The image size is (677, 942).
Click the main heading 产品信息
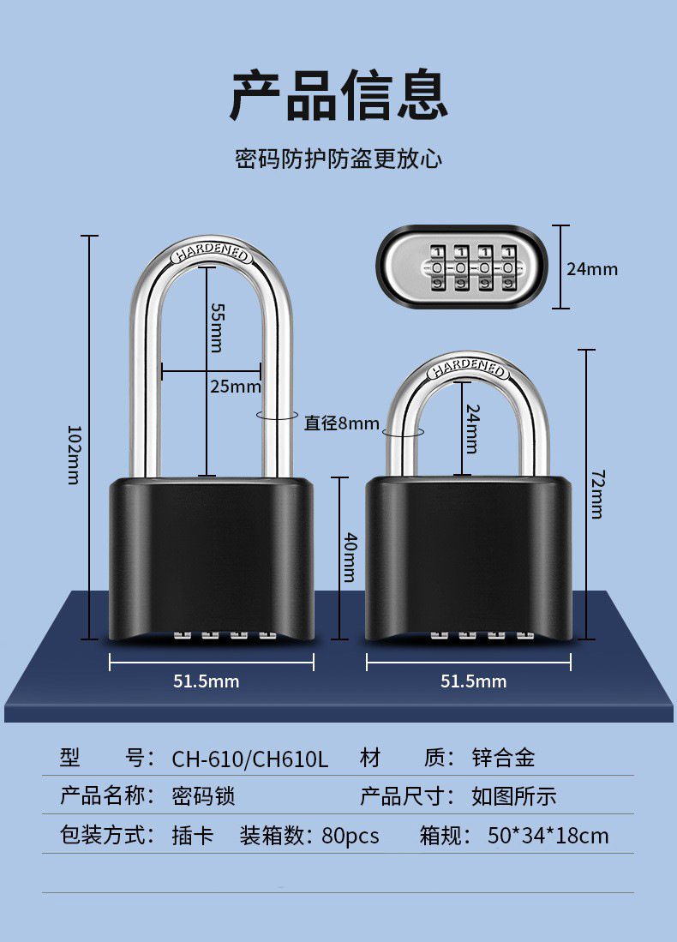tap(338, 95)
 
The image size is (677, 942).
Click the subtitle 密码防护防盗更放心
tap(338, 159)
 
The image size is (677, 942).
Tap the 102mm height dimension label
tap(74, 455)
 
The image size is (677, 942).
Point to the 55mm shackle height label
tap(216, 327)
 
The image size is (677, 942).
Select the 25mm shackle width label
tap(236, 387)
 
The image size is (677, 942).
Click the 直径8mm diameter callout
tap(341, 423)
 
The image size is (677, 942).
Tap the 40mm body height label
tap(350, 557)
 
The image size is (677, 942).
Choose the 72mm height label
tap(597, 494)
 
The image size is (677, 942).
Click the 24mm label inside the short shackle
tap(473, 429)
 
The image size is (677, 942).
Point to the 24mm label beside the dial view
tap(592, 268)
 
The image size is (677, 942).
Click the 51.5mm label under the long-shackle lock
tap(206, 681)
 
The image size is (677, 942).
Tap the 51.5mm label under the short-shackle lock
tap(473, 681)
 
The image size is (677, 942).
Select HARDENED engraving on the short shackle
tap(468, 368)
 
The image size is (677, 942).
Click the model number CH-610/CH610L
tap(250, 759)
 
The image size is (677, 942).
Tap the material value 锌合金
tap(503, 759)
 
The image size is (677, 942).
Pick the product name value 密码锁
tap(203, 796)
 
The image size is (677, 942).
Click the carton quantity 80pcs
tap(350, 836)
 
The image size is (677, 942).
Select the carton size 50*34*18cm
tap(548, 836)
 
